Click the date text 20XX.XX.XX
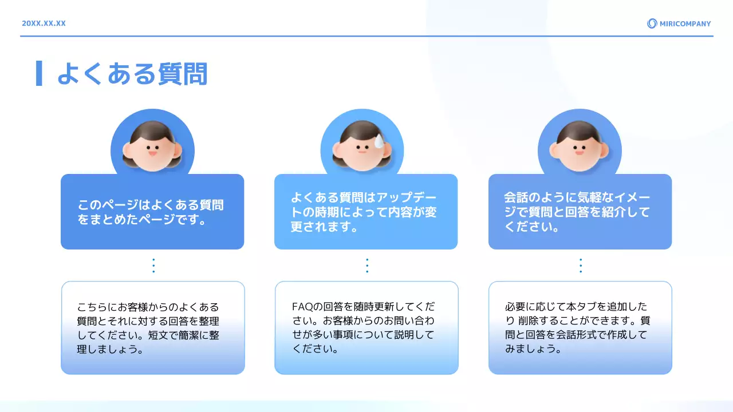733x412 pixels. (44, 23)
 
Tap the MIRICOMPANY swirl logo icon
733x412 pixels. (652, 23)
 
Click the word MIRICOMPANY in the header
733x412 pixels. (685, 23)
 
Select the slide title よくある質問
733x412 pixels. (132, 74)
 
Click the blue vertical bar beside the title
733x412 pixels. (39, 73)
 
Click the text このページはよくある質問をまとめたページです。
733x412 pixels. (151, 212)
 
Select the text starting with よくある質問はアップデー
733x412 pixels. (364, 212)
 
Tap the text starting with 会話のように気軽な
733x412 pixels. (577, 212)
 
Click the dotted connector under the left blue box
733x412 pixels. (153, 266)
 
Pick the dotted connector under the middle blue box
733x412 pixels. (366, 266)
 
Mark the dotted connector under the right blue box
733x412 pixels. (580, 266)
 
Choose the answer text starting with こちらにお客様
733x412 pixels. (148, 328)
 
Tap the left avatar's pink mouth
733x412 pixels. (152, 153)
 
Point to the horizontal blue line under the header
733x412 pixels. (366, 36)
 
